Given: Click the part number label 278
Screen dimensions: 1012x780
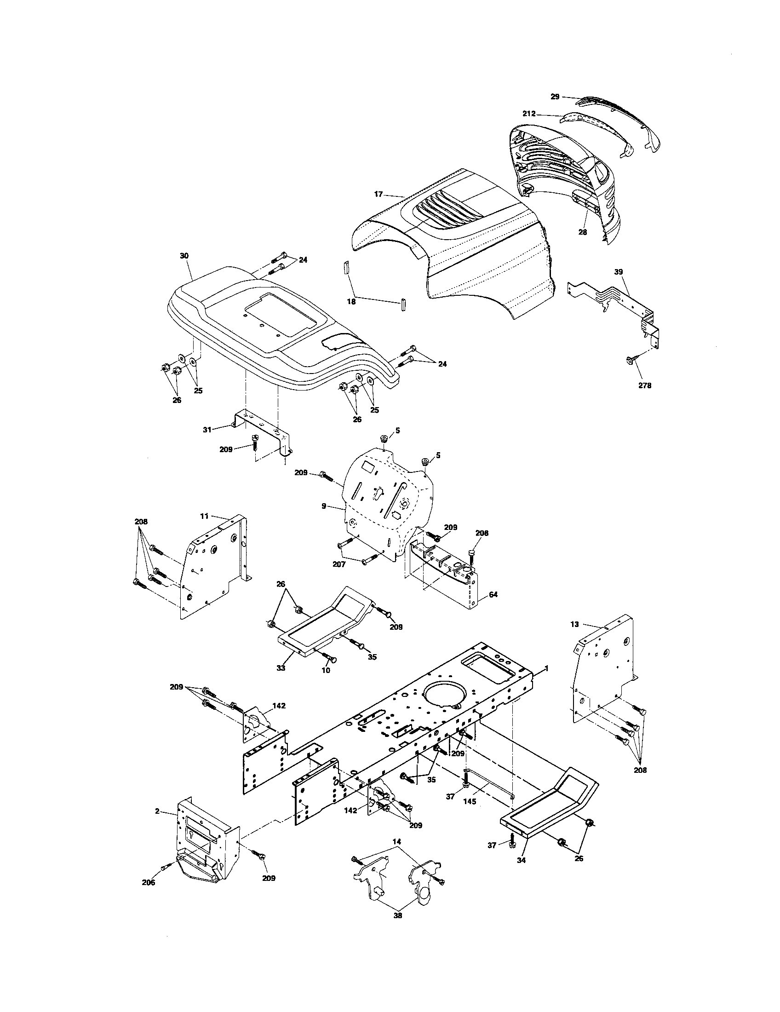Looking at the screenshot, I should [x=644, y=385].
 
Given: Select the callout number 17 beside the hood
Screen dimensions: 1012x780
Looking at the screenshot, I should [x=379, y=194].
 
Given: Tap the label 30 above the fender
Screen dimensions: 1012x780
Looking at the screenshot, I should [x=184, y=256].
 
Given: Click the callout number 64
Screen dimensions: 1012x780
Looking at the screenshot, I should [x=493, y=594].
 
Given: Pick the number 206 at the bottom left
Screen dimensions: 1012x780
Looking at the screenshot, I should [x=148, y=883].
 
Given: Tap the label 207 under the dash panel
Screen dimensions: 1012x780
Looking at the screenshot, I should [x=338, y=565].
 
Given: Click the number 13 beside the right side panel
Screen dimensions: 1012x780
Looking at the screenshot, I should [x=574, y=624].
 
